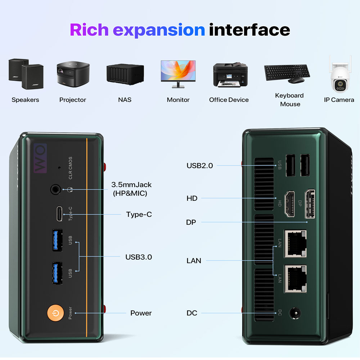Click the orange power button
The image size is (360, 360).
(55, 313)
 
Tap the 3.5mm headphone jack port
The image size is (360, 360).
(55, 190)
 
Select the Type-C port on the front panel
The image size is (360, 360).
(59, 214)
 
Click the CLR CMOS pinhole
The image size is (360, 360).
(59, 168)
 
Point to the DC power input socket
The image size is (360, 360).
(295, 313)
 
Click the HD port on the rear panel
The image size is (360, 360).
(290, 204)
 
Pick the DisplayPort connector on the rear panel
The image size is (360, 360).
(310, 204)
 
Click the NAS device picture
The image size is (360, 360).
(125, 74)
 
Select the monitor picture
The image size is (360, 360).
(178, 74)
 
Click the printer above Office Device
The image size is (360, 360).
(230, 75)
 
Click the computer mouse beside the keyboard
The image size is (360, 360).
(296, 80)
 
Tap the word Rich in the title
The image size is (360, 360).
(89, 30)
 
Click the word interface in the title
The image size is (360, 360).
(249, 30)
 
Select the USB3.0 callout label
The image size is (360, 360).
(139, 257)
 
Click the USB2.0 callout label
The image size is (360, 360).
(200, 166)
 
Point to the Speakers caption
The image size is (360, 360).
(25, 100)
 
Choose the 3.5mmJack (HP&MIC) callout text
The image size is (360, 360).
(131, 189)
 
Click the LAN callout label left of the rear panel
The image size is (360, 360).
(194, 261)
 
